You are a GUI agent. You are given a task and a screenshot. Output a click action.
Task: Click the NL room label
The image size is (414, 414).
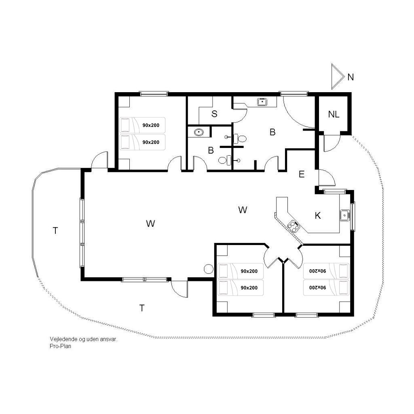[334, 114]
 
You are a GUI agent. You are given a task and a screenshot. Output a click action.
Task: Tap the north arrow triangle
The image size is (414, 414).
[338, 76]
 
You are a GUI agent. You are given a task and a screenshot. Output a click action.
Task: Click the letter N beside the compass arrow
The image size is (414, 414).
[351, 77]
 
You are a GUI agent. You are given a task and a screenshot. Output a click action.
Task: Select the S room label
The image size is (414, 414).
[214, 114]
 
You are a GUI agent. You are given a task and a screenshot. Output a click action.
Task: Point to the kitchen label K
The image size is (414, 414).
[318, 216]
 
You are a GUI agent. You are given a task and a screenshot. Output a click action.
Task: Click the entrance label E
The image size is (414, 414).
[302, 174]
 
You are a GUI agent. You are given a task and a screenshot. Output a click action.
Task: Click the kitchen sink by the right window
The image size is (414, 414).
[344, 215]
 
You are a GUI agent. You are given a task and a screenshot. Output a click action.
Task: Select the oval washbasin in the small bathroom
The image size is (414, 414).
[199, 132]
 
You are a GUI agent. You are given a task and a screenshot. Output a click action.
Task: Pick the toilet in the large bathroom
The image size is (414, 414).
[240, 138]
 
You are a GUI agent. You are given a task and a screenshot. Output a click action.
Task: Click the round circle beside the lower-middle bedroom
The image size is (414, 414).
[209, 269]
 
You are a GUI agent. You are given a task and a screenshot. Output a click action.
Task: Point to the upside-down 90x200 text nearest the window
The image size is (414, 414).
[318, 287]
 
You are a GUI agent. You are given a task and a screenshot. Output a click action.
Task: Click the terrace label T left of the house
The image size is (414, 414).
[55, 231]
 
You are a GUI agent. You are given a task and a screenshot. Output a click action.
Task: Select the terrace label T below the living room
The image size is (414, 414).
[142, 308]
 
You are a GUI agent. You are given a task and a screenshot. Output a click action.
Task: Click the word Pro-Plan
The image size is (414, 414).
[61, 346]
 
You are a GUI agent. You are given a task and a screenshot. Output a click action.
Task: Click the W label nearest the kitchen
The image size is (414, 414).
[243, 210]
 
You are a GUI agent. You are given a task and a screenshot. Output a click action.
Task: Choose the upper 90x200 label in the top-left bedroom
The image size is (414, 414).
[151, 125]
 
